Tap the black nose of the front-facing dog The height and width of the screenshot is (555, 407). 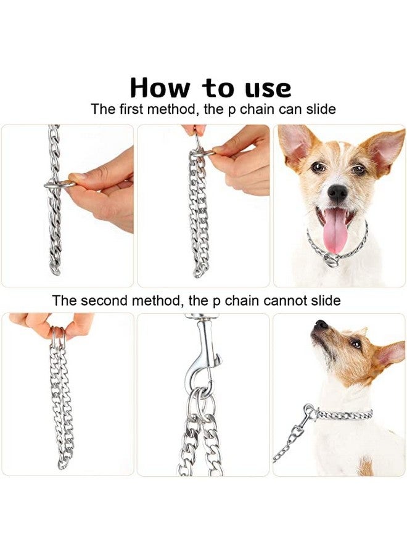[x=337, y=192]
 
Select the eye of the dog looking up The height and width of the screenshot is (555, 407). [x=356, y=344]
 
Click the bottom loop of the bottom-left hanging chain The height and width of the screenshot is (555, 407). [x=62, y=462]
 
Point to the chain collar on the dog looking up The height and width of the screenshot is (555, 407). [x=345, y=414]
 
